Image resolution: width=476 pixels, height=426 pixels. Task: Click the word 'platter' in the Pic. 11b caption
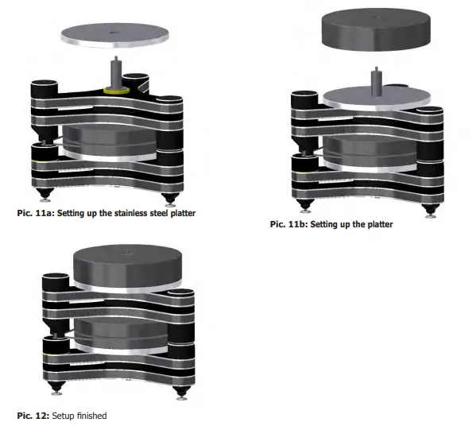(376, 224)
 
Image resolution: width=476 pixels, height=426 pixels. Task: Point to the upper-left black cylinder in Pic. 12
(56, 284)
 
